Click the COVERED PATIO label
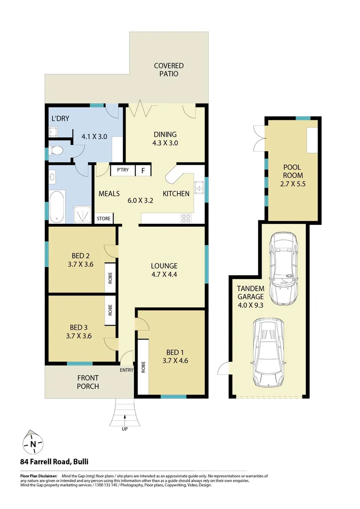coord(169,70)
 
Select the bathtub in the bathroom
coord(57,206)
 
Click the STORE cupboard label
coord(104,219)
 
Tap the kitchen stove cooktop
coord(186,218)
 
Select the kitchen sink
coord(199,188)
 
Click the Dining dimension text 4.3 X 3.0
coord(165,143)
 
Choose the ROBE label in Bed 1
coord(142,367)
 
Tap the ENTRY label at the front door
coord(126,370)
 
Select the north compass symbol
coord(33,443)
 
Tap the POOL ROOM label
coord(292,176)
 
